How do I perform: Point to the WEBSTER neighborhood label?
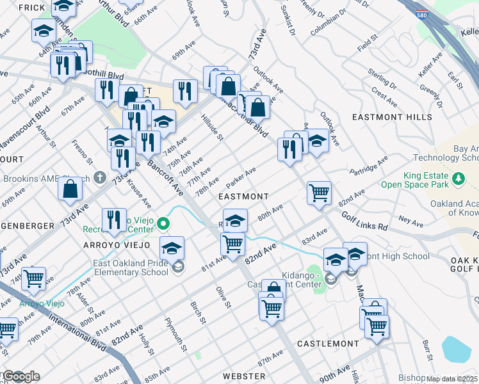pos(243,375)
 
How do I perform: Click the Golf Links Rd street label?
pos(365,221)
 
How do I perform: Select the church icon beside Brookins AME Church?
pos(99,177)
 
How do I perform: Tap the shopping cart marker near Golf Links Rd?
pos(319,192)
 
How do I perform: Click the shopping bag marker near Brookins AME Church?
pos(70,188)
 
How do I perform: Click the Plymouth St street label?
pos(175,335)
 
